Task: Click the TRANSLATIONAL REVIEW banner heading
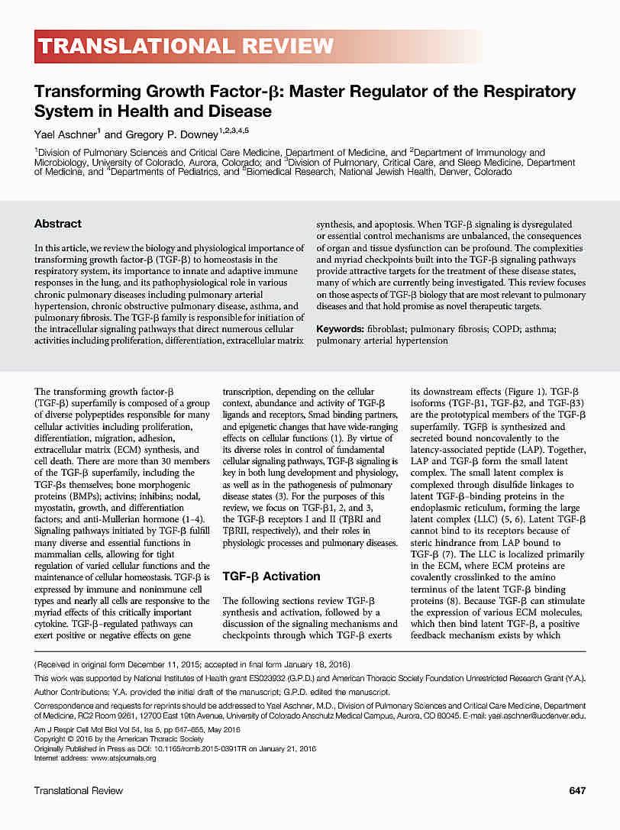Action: point(186,47)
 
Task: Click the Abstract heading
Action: point(57,224)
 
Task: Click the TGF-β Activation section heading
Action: point(271,576)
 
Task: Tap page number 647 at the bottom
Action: point(577,790)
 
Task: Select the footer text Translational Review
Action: point(79,790)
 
